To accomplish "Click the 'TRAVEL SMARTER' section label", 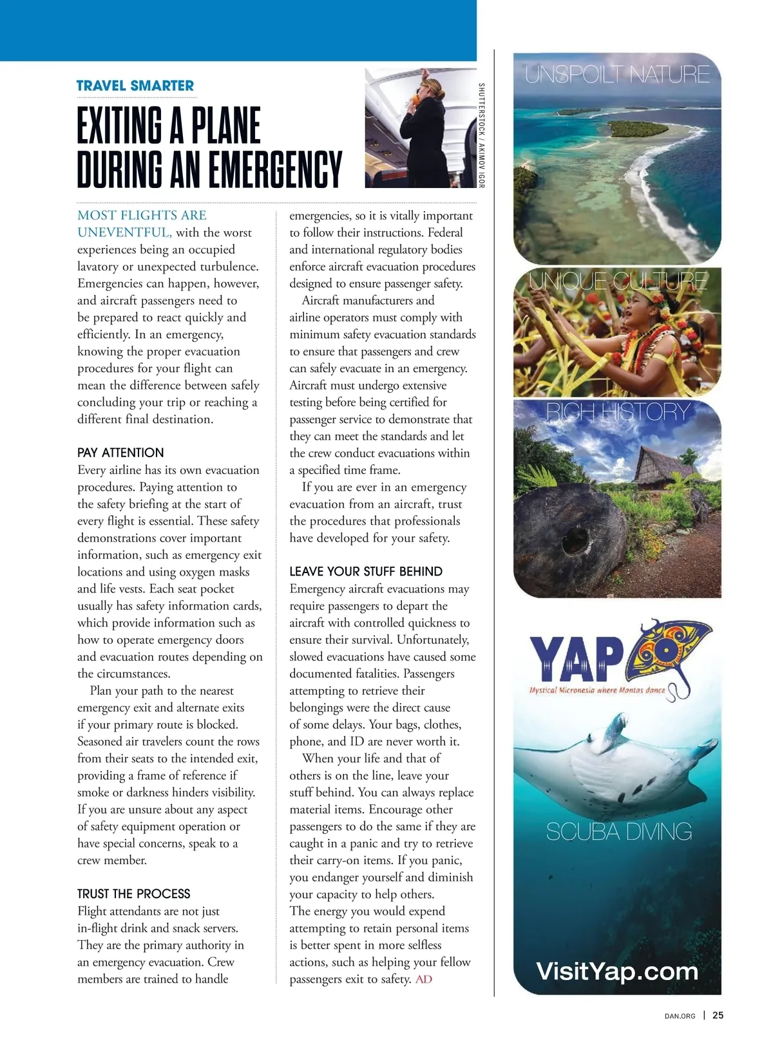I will pyautogui.click(x=135, y=86).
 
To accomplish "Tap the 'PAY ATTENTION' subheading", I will pyautogui.click(x=120, y=453).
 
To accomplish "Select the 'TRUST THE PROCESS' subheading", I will pyautogui.click(x=133, y=894).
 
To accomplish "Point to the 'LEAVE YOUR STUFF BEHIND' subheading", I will pyautogui.click(x=365, y=572).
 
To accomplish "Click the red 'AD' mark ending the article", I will pyautogui.click(x=424, y=979).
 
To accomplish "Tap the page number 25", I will pyautogui.click(x=718, y=1015).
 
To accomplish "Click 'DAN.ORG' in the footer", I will pyautogui.click(x=680, y=1016).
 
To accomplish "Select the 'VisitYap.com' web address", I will pyautogui.click(x=616, y=971).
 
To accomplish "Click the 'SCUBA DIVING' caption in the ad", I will pyautogui.click(x=618, y=832).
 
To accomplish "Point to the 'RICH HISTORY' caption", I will pyautogui.click(x=618, y=411).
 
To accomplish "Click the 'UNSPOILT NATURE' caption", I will pyautogui.click(x=616, y=75).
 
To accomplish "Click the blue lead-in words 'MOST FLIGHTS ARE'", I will pyautogui.click(x=142, y=215).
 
